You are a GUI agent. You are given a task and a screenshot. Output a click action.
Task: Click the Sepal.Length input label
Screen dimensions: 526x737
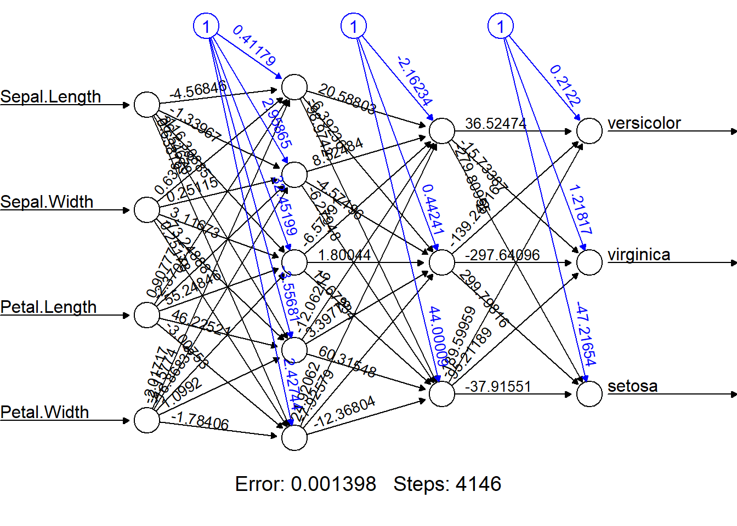pyautogui.click(x=50, y=97)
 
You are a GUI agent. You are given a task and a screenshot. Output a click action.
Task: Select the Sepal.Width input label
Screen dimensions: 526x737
pyautogui.click(x=47, y=202)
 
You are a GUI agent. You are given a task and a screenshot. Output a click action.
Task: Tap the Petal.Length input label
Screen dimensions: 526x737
pyautogui.click(x=48, y=307)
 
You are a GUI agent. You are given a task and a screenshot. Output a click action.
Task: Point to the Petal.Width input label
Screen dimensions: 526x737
pyautogui.click(x=44, y=413)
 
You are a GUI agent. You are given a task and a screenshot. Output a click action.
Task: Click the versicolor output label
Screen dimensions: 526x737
pyautogui.click(x=644, y=123)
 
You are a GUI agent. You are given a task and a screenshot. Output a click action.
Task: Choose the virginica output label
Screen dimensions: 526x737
pyautogui.click(x=639, y=255)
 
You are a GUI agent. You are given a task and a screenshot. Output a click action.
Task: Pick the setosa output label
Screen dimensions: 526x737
pyautogui.click(x=632, y=386)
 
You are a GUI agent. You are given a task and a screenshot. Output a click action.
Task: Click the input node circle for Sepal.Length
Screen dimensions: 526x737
pyautogui.click(x=147, y=104)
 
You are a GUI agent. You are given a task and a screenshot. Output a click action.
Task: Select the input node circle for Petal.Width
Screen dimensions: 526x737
pyautogui.click(x=147, y=420)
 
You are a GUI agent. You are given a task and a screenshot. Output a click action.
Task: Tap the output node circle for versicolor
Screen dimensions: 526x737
pyautogui.click(x=589, y=131)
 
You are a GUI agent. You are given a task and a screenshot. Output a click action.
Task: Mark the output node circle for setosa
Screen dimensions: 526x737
pyautogui.click(x=589, y=394)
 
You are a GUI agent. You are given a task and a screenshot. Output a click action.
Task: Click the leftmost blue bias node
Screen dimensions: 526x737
pyautogui.click(x=206, y=26)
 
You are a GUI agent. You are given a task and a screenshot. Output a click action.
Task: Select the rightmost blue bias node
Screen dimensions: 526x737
pyautogui.click(x=500, y=26)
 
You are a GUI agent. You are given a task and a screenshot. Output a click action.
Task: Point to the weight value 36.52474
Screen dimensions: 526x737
pyautogui.click(x=496, y=124)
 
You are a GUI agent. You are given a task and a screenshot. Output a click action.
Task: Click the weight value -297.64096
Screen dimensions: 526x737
pyautogui.click(x=502, y=255)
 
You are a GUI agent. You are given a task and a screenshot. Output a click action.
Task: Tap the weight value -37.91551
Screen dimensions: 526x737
pyautogui.click(x=498, y=387)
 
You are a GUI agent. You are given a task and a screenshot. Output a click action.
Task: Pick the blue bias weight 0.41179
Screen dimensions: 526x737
pyautogui.click(x=254, y=45)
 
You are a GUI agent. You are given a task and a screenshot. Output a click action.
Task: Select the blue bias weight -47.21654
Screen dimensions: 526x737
pyautogui.click(x=586, y=334)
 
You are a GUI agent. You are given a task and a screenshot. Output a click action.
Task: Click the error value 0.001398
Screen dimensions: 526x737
pyautogui.click(x=333, y=484)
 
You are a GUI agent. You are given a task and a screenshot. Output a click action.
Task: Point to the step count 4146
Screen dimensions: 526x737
pyautogui.click(x=478, y=484)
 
